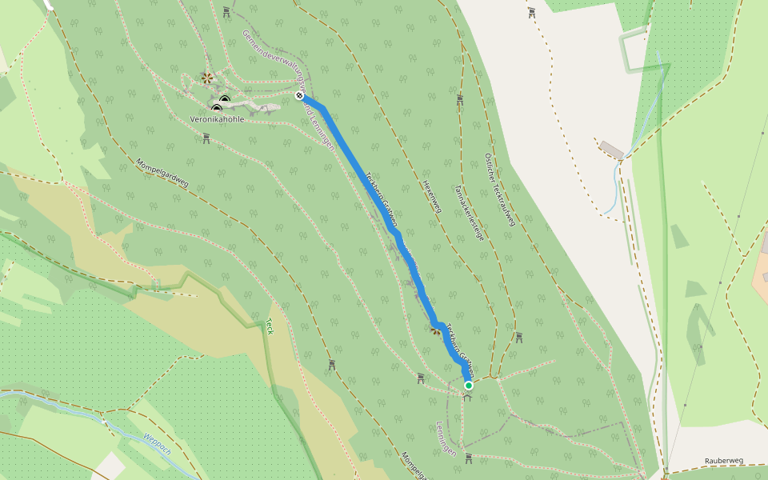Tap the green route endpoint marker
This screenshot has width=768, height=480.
[469, 386]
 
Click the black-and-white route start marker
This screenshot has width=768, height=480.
[299, 96]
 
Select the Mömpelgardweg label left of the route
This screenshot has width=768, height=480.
[162, 172]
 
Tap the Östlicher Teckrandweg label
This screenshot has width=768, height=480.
[499, 190]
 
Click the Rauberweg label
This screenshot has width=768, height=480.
[724, 461]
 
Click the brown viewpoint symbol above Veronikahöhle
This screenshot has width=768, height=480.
[207, 78]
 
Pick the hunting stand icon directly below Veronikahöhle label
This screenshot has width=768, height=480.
[206, 138]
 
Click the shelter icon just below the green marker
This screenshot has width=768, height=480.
[468, 397]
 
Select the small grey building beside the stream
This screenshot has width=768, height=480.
[612, 150]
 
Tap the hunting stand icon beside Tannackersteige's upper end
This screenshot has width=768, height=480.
[460, 100]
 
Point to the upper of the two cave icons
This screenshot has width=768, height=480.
[225, 101]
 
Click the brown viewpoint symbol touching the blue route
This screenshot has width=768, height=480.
[435, 330]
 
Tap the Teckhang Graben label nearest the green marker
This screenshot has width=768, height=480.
[460, 350]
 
